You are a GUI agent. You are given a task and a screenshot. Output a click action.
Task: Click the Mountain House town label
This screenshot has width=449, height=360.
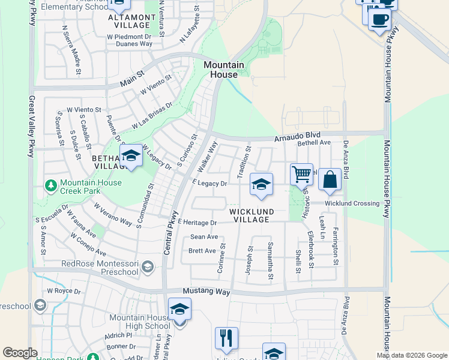click(223, 70)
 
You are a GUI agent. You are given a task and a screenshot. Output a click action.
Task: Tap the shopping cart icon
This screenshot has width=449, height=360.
click(301, 175)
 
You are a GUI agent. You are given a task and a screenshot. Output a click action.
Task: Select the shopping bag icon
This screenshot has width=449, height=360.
click(330, 179)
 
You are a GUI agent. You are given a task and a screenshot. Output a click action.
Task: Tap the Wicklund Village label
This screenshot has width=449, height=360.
click(252, 215)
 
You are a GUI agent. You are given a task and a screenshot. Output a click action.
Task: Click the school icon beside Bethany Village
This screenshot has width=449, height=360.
click(131, 157)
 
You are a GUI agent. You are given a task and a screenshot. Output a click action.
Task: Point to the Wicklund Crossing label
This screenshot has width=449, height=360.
click(352, 203)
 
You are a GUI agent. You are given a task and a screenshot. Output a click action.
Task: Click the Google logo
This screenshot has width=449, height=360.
click(20, 353)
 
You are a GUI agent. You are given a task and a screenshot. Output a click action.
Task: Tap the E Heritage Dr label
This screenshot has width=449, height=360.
click(196, 223)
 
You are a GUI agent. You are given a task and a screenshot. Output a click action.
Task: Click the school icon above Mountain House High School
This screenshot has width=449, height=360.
click(179, 310)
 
